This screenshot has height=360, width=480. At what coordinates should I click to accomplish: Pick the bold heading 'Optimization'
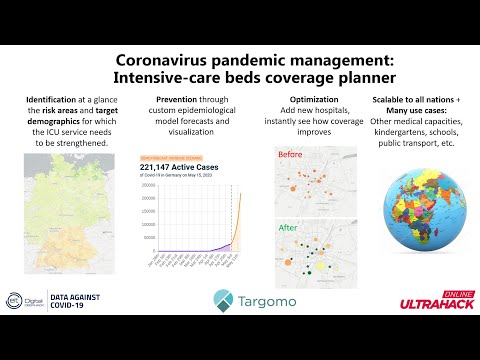pos(306,100)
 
